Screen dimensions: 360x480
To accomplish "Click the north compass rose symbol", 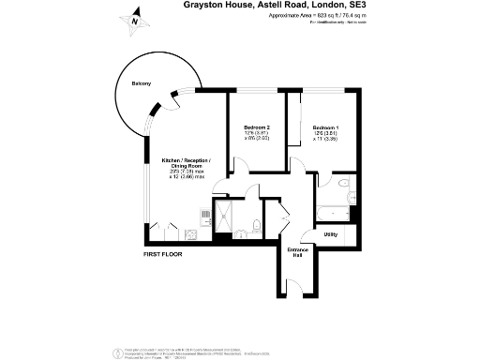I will pyautogui.click(x=134, y=19).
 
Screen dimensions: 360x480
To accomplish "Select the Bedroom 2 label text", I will pyautogui.click(x=257, y=127).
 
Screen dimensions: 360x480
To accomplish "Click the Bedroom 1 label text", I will pyautogui.click(x=325, y=127).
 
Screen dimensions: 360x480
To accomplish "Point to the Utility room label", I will pyautogui.click(x=331, y=234).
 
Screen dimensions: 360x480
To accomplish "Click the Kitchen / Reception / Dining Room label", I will pyautogui.click(x=186, y=164).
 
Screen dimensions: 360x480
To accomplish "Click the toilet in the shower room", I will pyautogui.click(x=255, y=224).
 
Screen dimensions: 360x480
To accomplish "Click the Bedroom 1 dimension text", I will pyautogui.click(x=325, y=140).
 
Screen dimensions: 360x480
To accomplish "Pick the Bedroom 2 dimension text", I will pyautogui.click(x=257, y=140).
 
